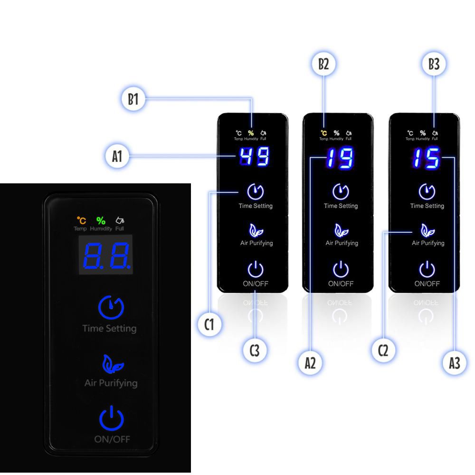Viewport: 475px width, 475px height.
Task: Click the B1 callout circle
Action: (133, 100)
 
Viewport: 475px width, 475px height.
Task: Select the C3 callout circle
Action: (255, 351)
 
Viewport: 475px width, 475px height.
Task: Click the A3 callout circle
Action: (455, 363)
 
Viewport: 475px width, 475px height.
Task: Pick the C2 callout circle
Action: (383, 351)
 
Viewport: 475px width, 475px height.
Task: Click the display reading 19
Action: (339, 158)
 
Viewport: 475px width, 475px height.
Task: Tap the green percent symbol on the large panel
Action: (101, 220)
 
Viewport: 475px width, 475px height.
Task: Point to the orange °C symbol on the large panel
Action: (82, 220)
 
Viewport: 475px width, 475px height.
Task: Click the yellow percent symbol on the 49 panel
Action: (251, 133)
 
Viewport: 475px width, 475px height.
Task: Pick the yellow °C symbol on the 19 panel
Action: (323, 133)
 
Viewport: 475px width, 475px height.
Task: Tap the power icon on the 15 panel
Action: (427, 269)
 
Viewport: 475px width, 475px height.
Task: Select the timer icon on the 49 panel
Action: (255, 191)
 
